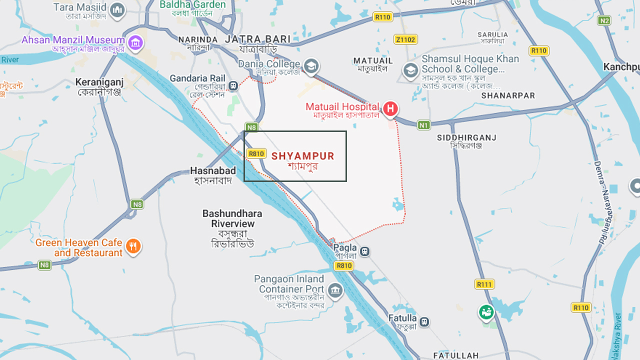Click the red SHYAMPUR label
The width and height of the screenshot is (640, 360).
tap(302, 156)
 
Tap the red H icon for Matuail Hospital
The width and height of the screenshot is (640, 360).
tap(390, 108)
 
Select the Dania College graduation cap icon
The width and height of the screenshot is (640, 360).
tap(311, 66)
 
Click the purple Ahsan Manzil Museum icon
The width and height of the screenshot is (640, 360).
tap(135, 42)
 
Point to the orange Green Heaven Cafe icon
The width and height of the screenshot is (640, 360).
tap(133, 246)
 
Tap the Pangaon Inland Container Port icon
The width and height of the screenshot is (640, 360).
tap(335, 290)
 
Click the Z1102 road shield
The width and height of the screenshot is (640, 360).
tap(405, 39)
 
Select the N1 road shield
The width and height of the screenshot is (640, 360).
tap(424, 125)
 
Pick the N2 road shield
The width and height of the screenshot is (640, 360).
tap(605, 20)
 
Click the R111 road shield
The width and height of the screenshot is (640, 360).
tap(484, 284)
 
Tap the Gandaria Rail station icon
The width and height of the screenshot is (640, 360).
tap(233, 86)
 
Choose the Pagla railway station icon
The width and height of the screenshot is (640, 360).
tap(365, 251)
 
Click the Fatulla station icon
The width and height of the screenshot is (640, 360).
tap(424, 321)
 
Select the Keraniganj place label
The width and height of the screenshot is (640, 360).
tap(99, 86)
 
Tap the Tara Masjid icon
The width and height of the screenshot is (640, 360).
tap(117, 10)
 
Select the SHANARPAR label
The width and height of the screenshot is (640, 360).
tap(507, 95)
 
